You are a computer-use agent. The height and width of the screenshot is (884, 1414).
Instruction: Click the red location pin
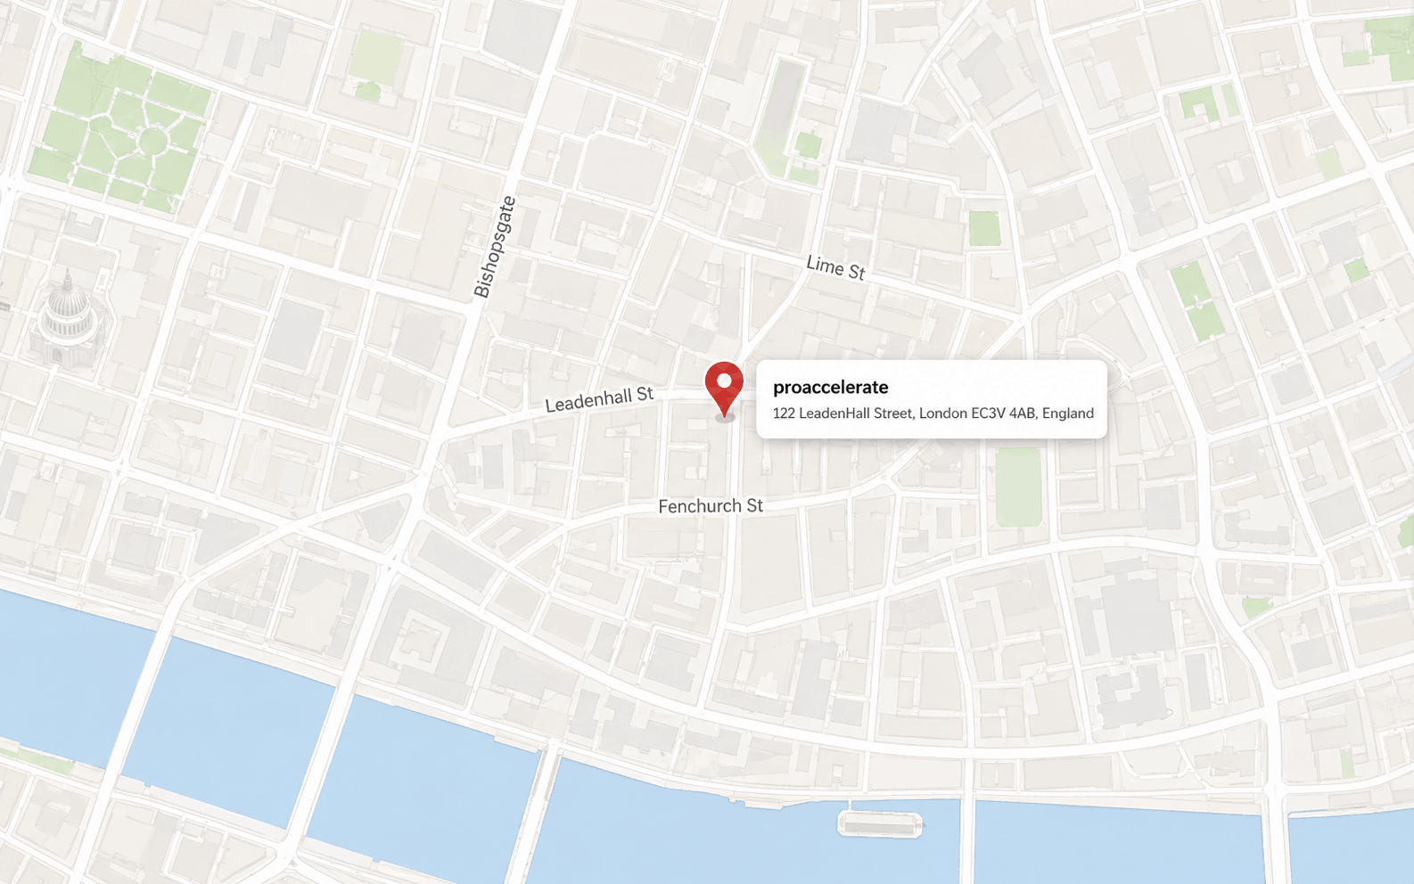(x=724, y=387)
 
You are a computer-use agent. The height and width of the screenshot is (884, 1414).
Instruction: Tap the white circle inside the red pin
(x=724, y=381)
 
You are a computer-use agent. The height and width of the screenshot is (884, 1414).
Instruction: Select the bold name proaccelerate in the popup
(x=830, y=387)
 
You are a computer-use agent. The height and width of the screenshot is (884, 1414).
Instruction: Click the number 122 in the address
(x=783, y=413)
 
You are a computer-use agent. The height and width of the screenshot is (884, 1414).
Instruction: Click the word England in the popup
(x=1067, y=413)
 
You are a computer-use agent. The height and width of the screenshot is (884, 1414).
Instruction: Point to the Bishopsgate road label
(x=495, y=247)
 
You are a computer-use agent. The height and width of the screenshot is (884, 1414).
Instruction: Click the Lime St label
(x=835, y=266)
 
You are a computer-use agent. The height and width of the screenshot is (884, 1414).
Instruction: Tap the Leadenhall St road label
(x=599, y=400)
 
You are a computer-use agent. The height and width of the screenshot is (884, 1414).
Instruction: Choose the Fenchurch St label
(x=711, y=506)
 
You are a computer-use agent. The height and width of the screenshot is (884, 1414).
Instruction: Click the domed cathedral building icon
(x=67, y=316)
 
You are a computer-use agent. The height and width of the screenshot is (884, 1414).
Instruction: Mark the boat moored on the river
(x=879, y=824)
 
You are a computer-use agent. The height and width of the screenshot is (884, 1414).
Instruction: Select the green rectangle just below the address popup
(x=1018, y=486)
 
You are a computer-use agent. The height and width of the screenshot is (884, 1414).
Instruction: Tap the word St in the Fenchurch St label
(x=754, y=506)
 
